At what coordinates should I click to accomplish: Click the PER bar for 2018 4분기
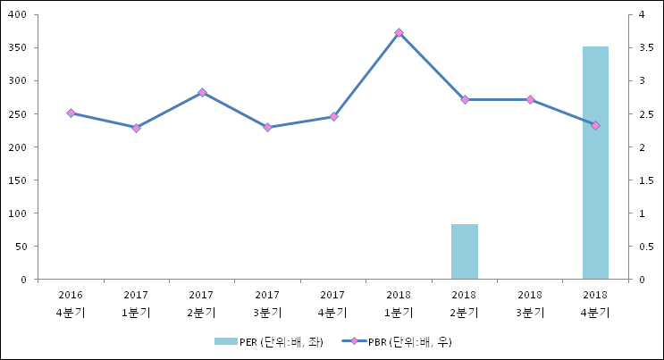click(595, 163)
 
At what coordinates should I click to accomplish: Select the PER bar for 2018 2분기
click(464, 251)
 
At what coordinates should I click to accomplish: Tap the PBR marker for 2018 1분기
click(399, 33)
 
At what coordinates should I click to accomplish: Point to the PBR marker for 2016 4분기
click(71, 113)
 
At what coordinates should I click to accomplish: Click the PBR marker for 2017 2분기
click(202, 92)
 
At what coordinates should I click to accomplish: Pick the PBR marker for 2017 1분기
click(136, 128)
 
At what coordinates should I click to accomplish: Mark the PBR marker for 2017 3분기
click(267, 128)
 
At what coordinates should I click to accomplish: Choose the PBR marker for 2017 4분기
click(333, 117)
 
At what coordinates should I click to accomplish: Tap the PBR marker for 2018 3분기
click(530, 99)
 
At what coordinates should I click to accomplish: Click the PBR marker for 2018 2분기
click(465, 99)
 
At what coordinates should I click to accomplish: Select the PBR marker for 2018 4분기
click(595, 125)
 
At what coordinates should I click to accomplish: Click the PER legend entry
click(268, 342)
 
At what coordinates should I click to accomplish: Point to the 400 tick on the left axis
click(20, 15)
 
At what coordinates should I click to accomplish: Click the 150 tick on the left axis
click(20, 180)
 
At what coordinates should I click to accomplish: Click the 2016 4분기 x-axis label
click(71, 303)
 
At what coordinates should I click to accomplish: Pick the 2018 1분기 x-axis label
click(399, 303)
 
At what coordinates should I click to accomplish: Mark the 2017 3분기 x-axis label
click(267, 303)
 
